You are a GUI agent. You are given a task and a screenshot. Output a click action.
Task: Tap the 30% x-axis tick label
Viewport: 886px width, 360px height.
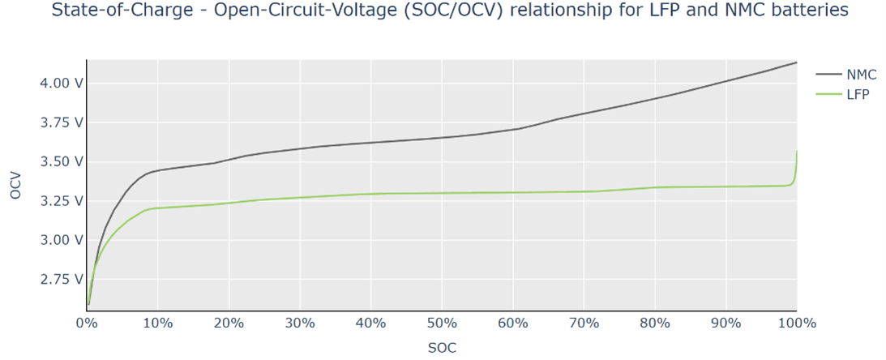click(300, 323)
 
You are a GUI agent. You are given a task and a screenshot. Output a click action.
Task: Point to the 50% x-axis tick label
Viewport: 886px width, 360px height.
click(442, 323)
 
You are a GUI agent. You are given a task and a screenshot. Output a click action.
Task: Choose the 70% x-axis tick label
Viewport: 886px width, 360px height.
click(584, 323)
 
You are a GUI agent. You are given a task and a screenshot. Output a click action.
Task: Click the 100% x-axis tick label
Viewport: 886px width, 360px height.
click(796, 323)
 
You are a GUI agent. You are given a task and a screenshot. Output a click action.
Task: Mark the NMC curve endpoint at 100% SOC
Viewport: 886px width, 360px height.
click(796, 62)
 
